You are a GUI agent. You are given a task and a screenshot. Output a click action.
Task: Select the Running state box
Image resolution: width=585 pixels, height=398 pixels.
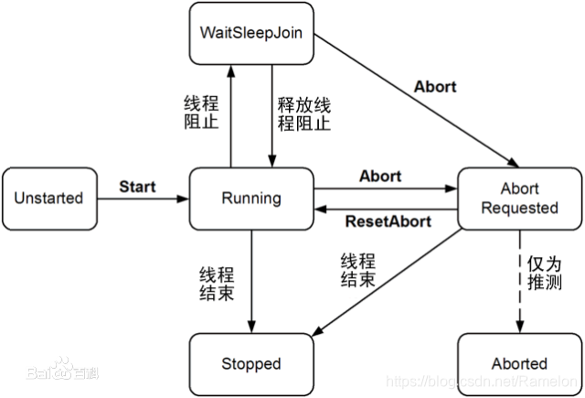[x=250, y=198]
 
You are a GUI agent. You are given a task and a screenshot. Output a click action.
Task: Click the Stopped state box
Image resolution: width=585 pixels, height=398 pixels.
[x=250, y=364]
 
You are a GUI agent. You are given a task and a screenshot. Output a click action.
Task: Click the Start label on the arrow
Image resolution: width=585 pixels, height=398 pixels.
[x=138, y=187]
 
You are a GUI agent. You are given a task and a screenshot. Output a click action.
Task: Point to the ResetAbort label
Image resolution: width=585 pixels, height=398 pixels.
[x=381, y=221]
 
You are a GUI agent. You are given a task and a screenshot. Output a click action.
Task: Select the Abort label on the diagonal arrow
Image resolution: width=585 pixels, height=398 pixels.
[x=435, y=88]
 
